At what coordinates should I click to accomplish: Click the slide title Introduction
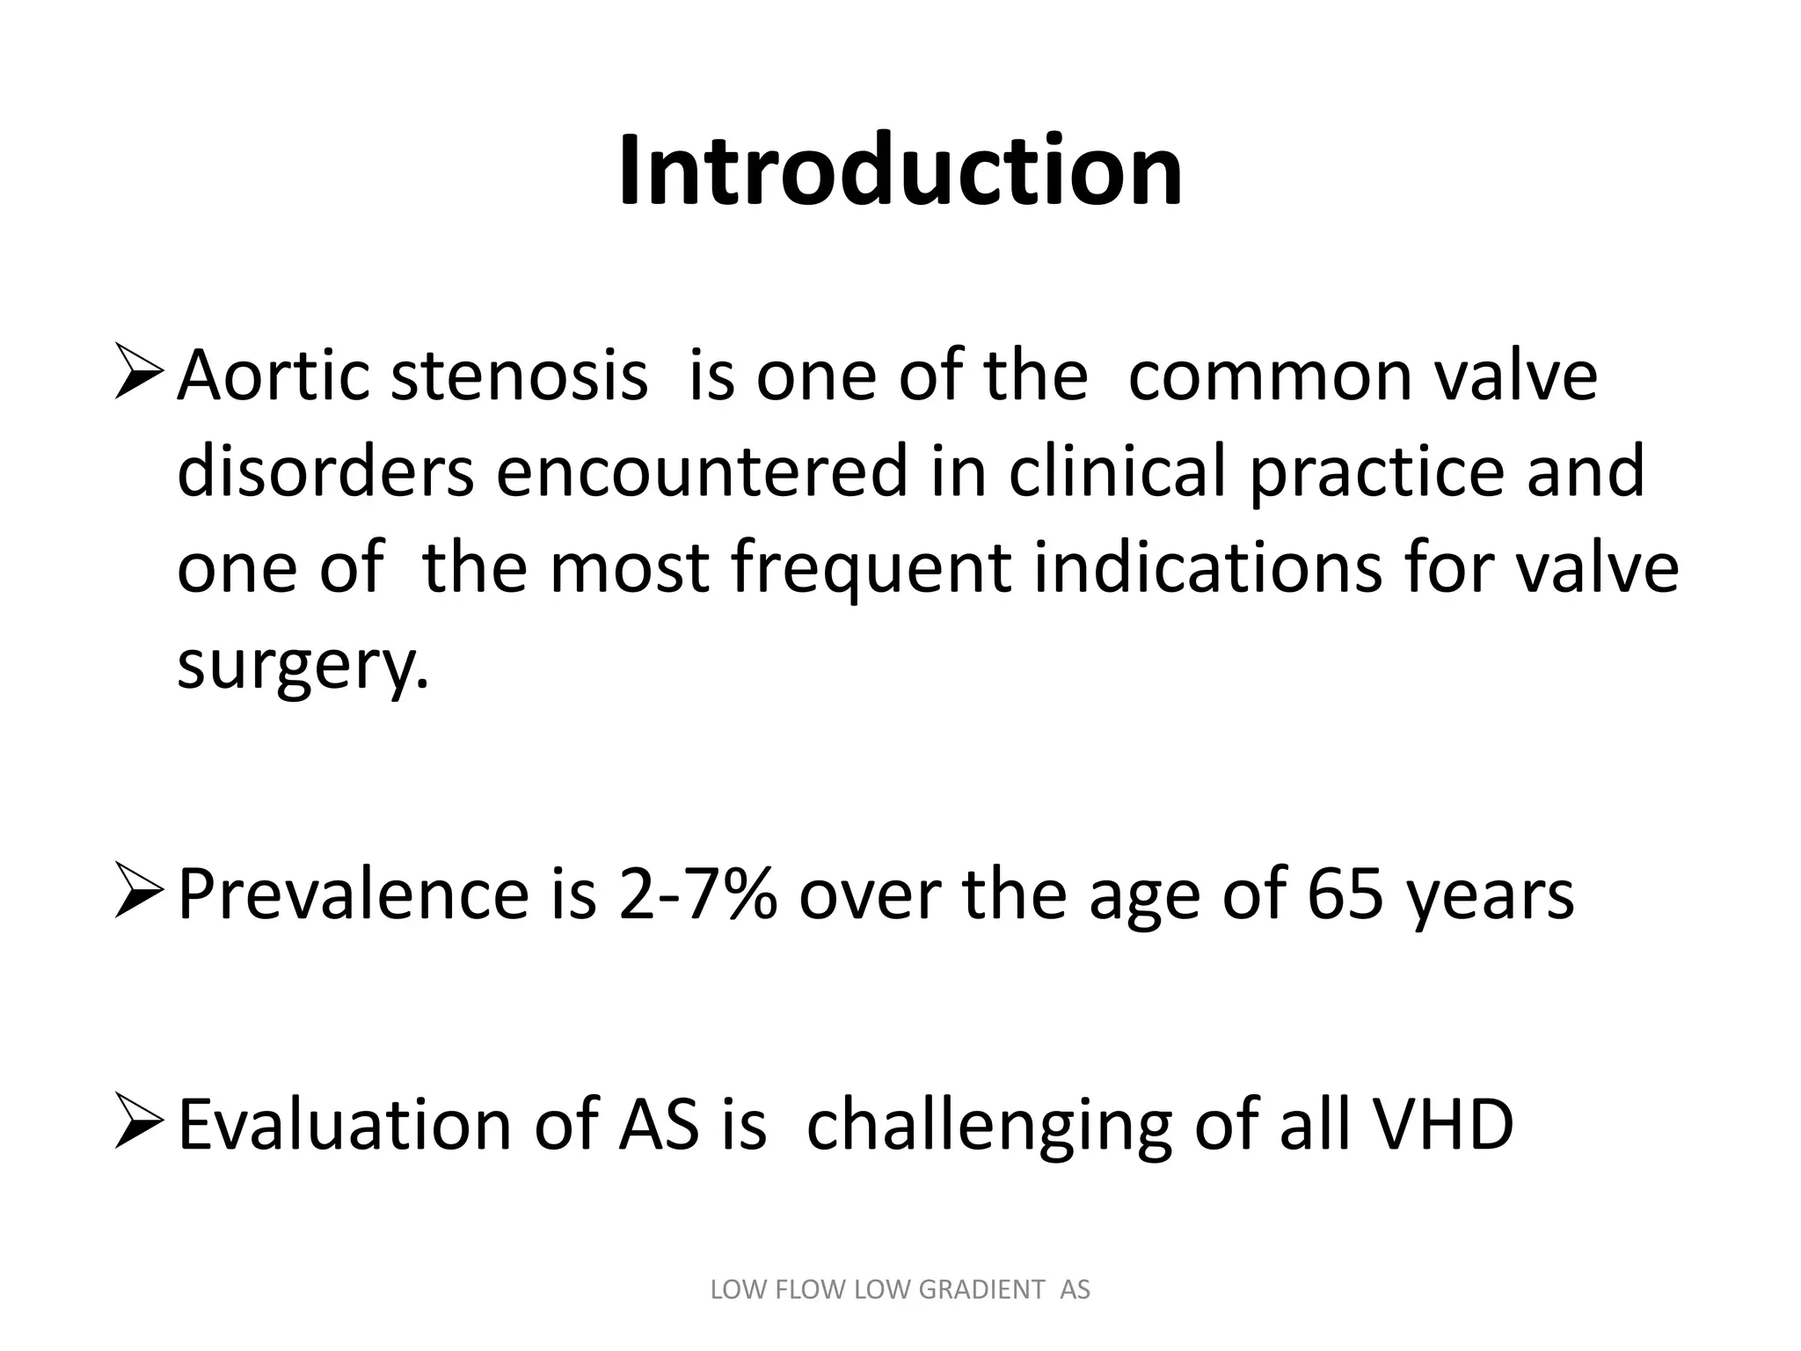[900, 171]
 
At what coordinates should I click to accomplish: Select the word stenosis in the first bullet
[519, 376]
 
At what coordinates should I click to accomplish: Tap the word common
[1261, 376]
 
